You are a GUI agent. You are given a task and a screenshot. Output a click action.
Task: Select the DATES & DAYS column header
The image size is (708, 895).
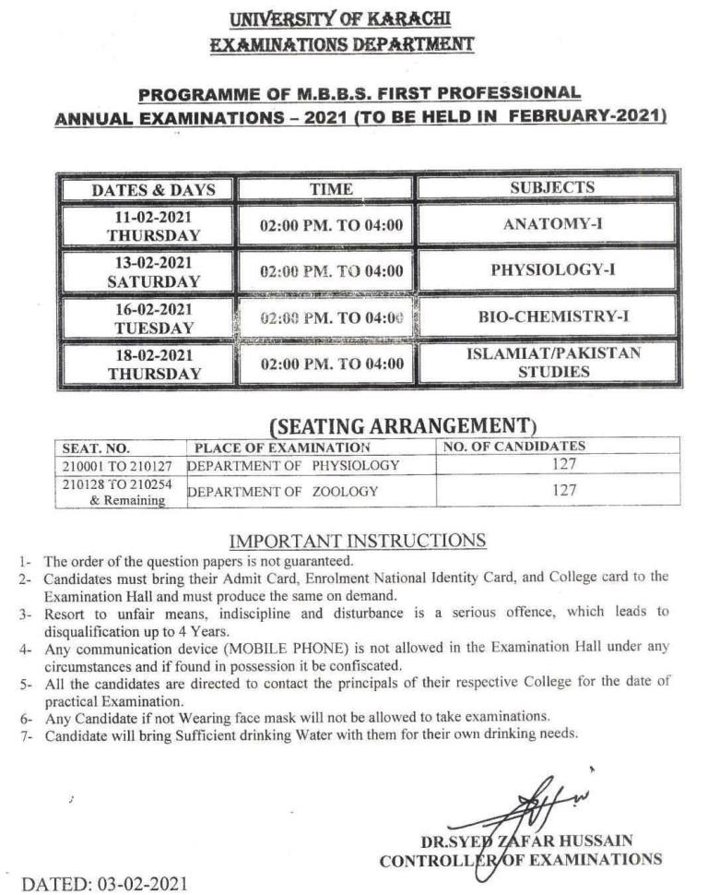tap(153, 190)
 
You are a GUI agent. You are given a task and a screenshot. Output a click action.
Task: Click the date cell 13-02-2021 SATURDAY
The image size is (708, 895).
tap(153, 271)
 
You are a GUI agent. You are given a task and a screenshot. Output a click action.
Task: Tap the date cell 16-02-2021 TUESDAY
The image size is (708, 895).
tap(153, 317)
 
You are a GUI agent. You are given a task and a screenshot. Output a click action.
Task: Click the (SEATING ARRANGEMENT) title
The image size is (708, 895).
tap(402, 425)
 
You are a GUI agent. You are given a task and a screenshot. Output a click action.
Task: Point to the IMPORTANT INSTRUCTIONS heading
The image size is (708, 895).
tap(357, 540)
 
